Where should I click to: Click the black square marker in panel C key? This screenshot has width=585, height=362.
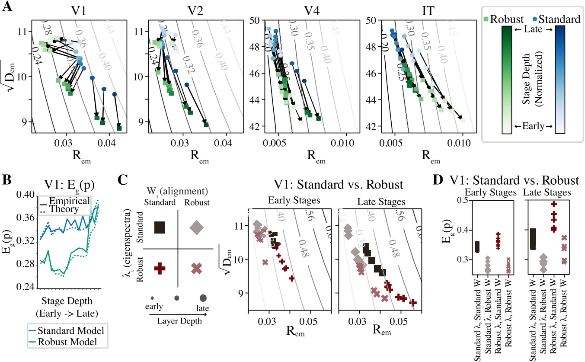160,227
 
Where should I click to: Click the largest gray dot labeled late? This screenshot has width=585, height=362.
203,298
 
